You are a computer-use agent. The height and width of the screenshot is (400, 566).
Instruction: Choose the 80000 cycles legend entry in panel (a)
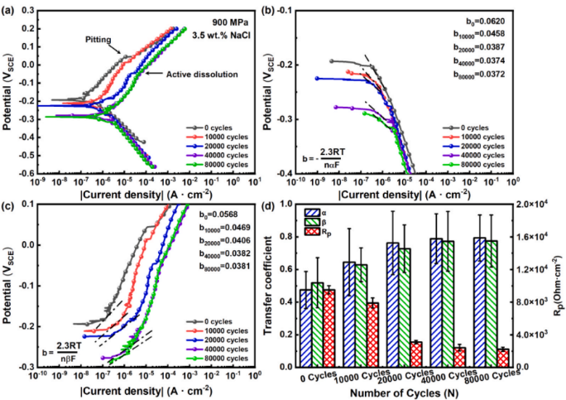(x=217, y=165)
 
